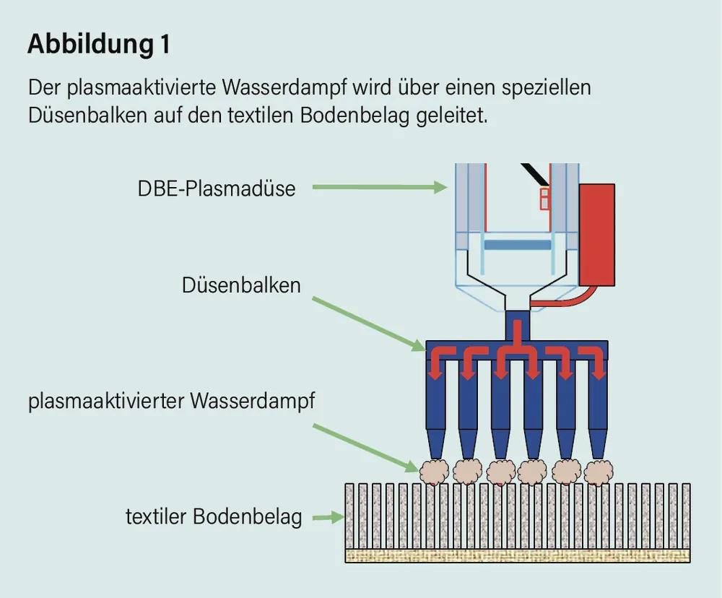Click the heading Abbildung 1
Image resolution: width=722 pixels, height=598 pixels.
99,45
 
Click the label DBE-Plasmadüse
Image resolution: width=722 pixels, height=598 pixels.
217,188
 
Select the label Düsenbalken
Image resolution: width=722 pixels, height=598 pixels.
241,285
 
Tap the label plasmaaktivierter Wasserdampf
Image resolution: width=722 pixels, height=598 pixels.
172,402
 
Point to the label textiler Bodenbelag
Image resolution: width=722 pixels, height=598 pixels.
214,517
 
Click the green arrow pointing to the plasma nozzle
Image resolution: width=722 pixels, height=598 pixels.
378,188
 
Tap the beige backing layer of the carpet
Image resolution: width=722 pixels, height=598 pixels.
517,555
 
